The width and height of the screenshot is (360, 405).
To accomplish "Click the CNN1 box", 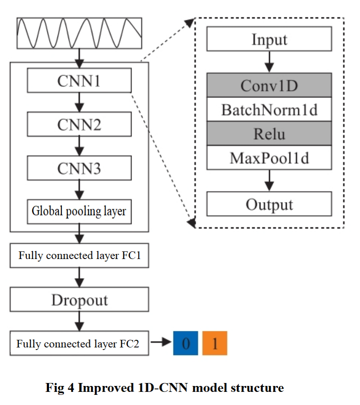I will [79, 80].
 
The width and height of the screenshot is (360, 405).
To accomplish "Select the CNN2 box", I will [79, 124].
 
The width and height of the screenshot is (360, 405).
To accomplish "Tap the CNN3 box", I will [79, 168].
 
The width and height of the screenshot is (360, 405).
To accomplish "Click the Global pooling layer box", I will [79, 211].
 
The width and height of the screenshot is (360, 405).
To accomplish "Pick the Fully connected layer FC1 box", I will [79, 256].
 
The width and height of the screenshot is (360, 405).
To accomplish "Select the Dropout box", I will [79, 300].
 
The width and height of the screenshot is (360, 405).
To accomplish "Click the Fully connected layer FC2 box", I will [79, 343].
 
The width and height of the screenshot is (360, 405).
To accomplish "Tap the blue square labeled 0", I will [185, 343].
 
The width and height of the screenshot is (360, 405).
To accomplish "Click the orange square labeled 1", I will [215, 343].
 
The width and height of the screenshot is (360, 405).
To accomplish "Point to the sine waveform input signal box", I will [79, 33].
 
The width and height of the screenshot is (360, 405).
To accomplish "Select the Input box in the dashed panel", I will [269, 40].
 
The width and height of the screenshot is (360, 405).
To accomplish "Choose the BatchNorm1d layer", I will [269, 110].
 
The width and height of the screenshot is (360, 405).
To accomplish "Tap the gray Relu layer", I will [269, 134].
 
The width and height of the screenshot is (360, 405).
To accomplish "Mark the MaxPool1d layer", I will [269, 158].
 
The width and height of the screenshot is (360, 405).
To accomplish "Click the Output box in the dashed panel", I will [269, 204].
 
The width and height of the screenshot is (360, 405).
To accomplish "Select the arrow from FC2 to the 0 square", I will [161, 342].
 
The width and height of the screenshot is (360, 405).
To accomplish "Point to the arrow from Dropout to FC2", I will [79, 322].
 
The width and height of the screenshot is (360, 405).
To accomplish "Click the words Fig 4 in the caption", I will [60, 388].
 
